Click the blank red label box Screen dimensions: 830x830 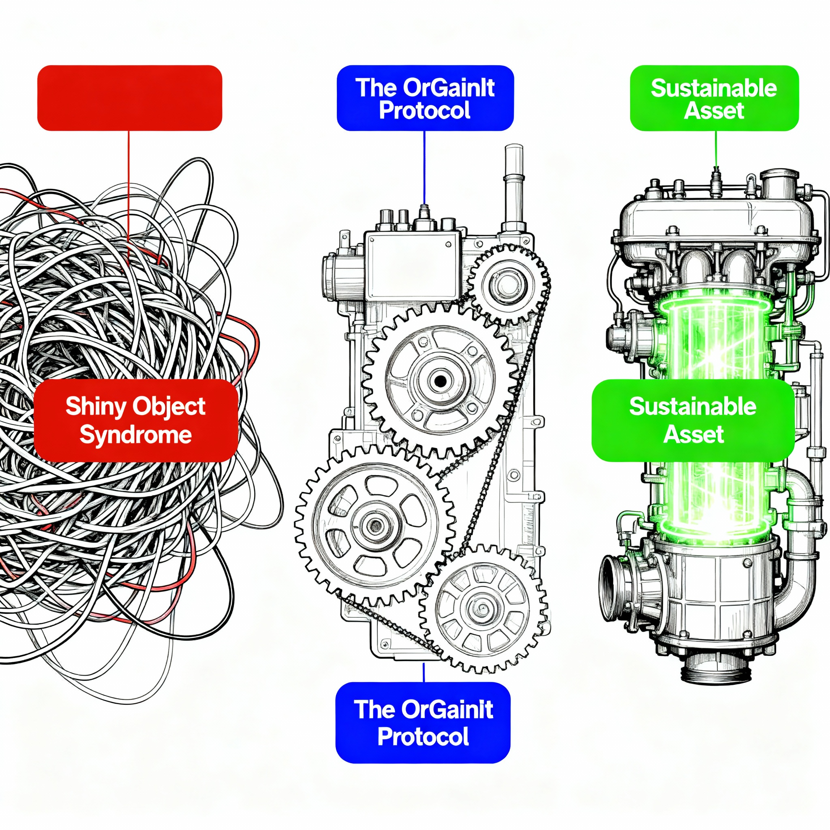tap(130, 98)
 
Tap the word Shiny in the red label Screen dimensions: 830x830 tap(95, 406)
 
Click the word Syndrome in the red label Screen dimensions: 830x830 tap(136, 435)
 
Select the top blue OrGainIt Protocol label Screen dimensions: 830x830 tap(425, 98)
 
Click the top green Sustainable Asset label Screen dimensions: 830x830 tap(714, 98)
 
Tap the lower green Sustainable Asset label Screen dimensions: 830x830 tap(693, 420)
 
